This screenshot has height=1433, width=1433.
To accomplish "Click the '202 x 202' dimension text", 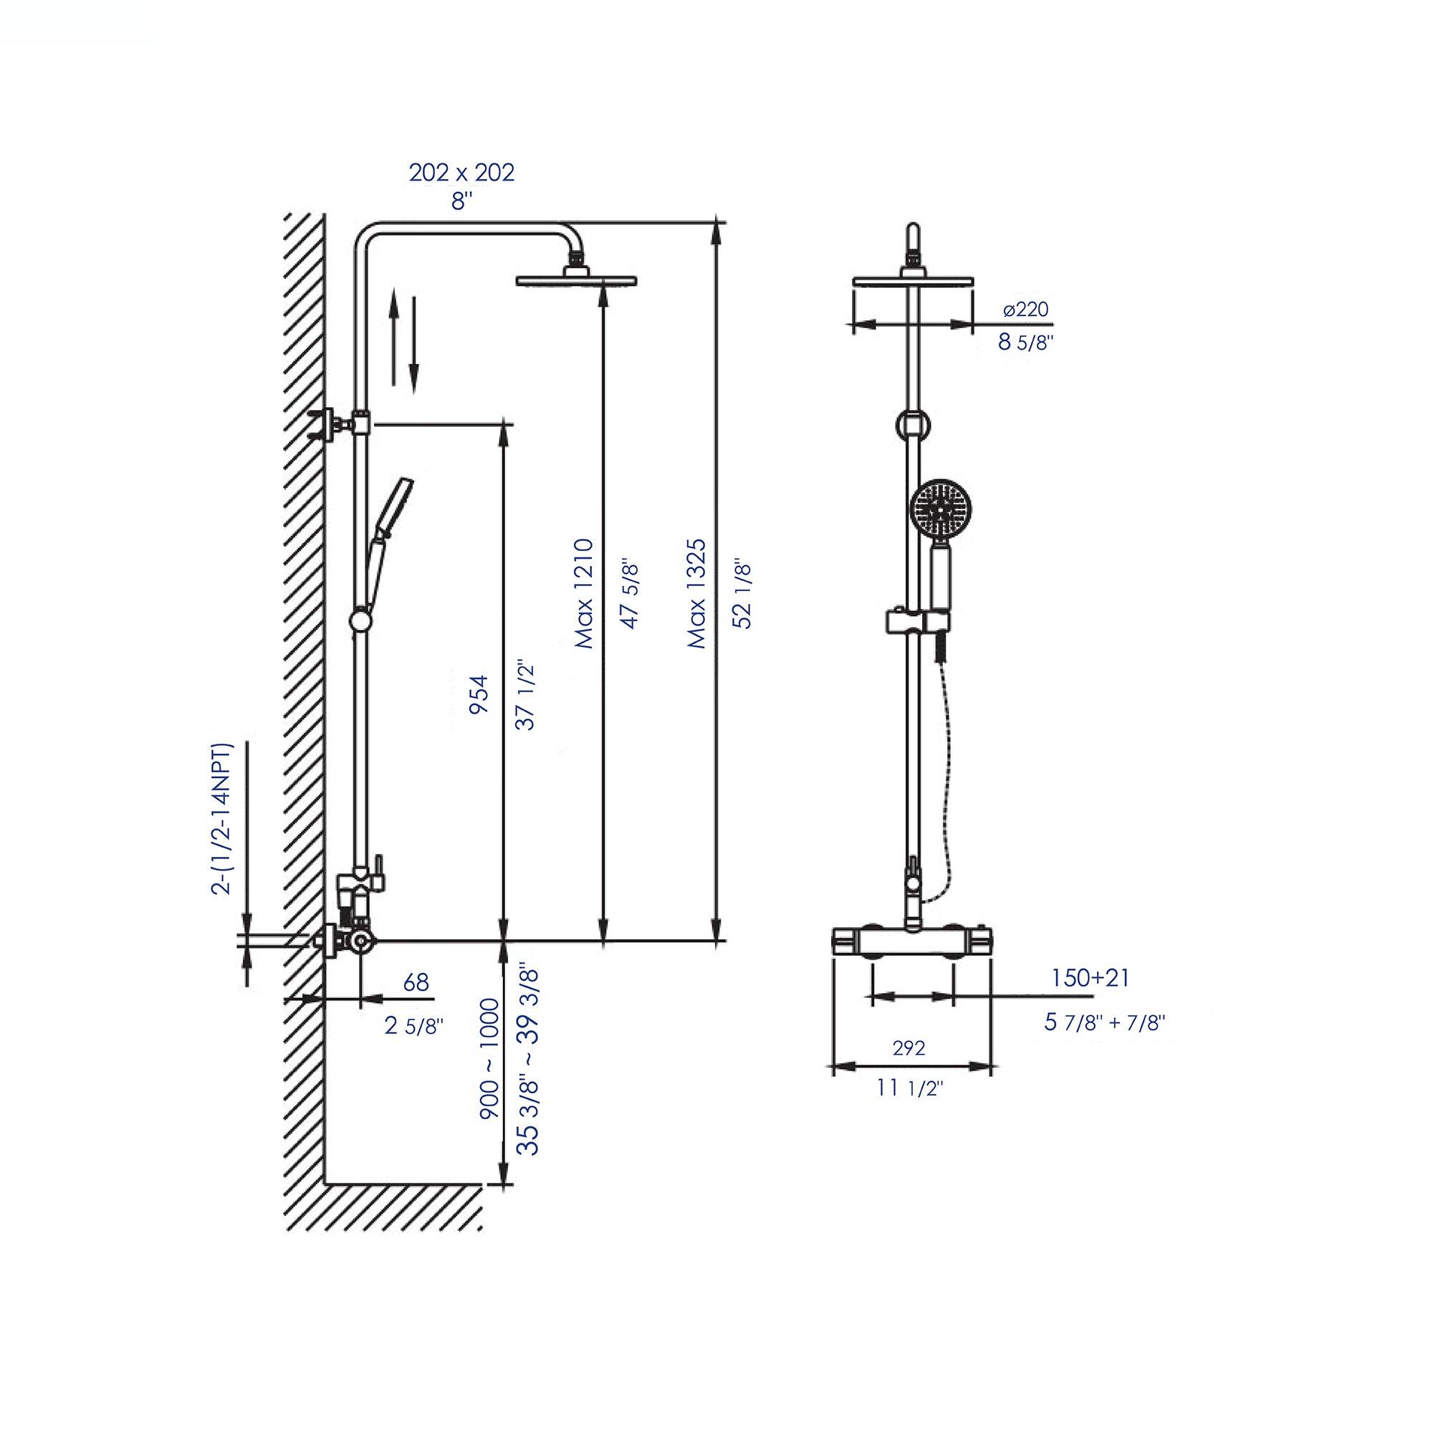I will point(461,172).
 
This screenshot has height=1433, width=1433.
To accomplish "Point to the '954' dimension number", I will point(481,694).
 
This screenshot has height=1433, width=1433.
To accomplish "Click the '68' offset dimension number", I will point(416,982).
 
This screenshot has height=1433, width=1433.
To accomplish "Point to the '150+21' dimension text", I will point(1090,977).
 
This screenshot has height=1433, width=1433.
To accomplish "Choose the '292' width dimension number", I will point(909,1048).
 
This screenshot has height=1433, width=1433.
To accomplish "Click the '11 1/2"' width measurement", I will point(909,1088).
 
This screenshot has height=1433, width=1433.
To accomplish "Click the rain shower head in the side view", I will point(576,279).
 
